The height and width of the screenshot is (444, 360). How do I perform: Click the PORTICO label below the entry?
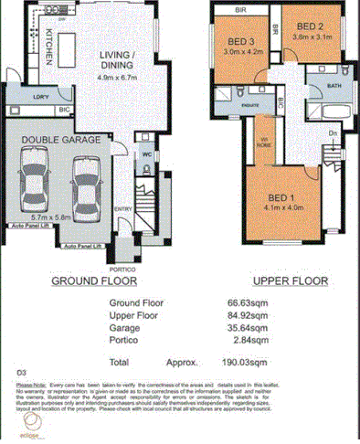point(122,270)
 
